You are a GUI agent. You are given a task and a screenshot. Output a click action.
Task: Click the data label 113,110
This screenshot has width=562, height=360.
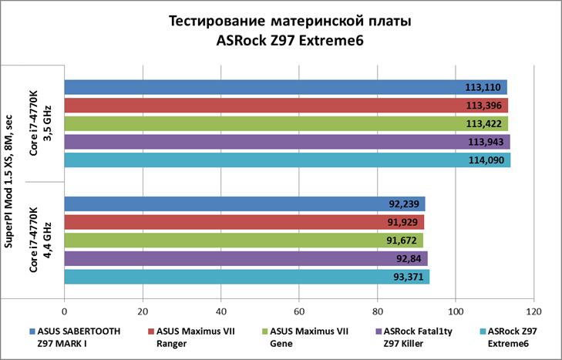pyautogui.click(x=483, y=87)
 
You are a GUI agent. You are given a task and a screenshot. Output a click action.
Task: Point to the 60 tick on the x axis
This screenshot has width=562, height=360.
pyautogui.click(x=299, y=312)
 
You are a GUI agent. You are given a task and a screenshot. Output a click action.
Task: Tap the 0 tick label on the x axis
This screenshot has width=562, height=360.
pyautogui.click(x=65, y=312)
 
